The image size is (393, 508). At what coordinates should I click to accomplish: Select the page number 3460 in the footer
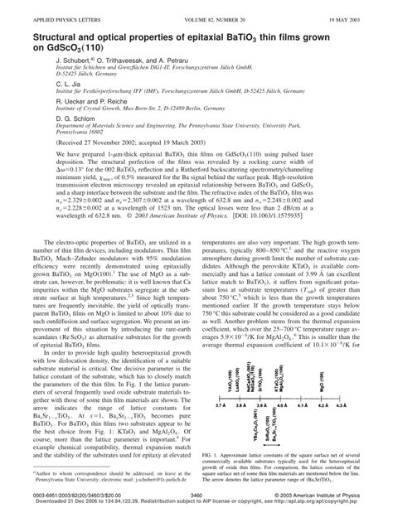tap(197, 494)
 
